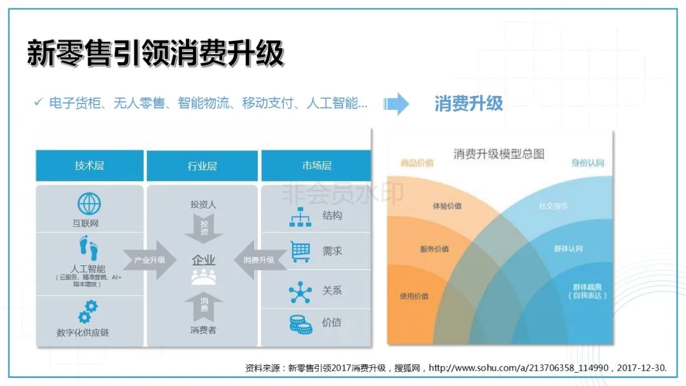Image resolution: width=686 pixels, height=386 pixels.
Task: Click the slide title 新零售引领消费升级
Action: pos(155,53)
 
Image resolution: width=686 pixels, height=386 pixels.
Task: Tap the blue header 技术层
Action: pos(90,166)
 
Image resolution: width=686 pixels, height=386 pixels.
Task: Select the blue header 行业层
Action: pos(202,166)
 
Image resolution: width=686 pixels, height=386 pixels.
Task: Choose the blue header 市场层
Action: pos(316,166)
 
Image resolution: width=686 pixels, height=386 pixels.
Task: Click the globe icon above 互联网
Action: pos(89,204)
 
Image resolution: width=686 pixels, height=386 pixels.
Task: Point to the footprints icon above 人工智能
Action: pos(89,248)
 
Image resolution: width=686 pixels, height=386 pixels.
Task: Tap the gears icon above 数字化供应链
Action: pos(88,312)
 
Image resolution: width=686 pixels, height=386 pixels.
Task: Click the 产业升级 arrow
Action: pos(150,260)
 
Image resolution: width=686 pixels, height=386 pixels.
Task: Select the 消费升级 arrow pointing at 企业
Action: pos(256,260)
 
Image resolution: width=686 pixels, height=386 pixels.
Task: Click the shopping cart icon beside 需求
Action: pos(300,251)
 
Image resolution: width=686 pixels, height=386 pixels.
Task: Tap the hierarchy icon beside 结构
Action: pos(300,216)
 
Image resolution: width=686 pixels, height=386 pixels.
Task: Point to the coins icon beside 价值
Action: pos(300,323)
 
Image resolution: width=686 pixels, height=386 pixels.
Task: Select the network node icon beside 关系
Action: pos(300,291)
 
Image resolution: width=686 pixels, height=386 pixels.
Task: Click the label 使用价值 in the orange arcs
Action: pos(414,296)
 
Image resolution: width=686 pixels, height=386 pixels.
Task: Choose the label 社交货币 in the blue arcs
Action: pos(553,206)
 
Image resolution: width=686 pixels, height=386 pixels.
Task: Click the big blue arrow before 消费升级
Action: pos(397,103)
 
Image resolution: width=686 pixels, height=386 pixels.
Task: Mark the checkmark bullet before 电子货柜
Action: pos(38,102)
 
